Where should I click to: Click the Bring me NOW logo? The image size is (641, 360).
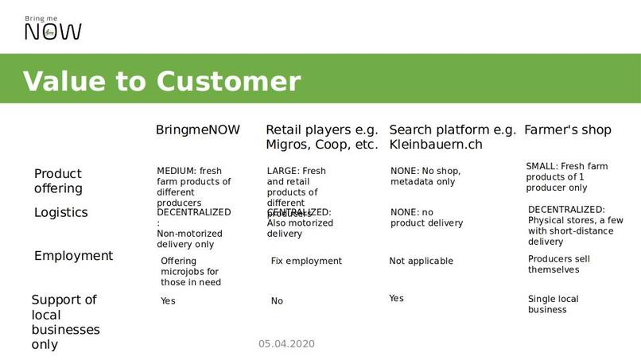click(52, 29)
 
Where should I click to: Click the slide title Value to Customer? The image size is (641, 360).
click(161, 81)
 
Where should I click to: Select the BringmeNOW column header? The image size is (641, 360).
click(197, 130)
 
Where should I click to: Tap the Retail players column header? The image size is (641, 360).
click(321, 137)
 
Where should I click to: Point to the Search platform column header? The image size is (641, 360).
click(452, 137)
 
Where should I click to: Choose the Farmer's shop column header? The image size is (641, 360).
click(567, 130)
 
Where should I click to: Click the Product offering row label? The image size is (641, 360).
click(58, 180)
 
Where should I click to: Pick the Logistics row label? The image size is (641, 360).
click(60, 212)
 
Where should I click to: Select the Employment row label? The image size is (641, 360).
click(73, 255)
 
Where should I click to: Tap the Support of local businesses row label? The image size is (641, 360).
click(65, 322)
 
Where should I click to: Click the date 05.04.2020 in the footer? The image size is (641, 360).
click(286, 344)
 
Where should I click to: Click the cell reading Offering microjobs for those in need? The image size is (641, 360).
click(190, 271)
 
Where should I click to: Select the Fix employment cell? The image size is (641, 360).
click(306, 261)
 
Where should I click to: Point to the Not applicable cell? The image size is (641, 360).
click(421, 261)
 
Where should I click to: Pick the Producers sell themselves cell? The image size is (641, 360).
click(558, 264)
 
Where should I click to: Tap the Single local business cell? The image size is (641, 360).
click(553, 304)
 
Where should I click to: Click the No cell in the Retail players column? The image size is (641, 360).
click(277, 301)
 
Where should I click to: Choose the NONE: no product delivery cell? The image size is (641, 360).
click(426, 218)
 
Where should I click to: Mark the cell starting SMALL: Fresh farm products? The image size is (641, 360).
click(566, 177)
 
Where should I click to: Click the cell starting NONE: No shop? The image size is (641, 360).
click(425, 176)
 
